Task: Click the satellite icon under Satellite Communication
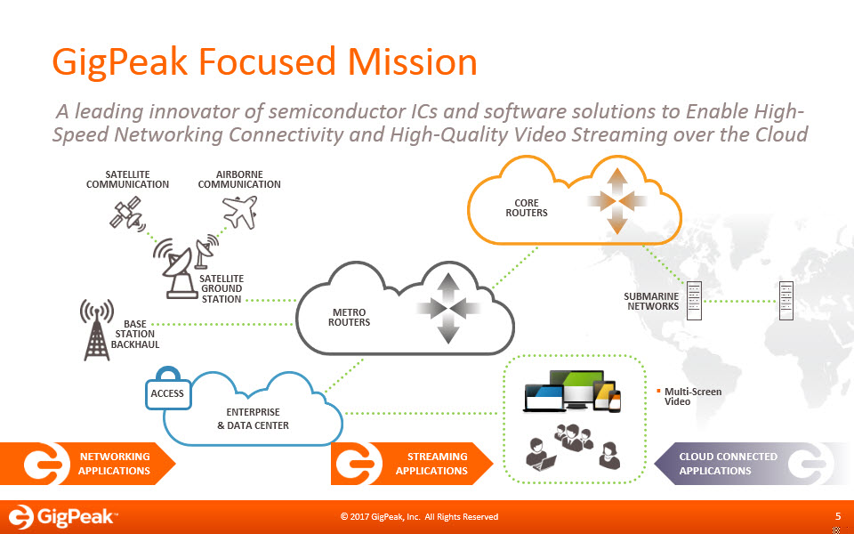pos(127,214)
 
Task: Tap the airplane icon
pos(239,212)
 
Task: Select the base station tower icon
pos(97,329)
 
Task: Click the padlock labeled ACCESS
pos(168,388)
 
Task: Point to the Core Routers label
pos(526,207)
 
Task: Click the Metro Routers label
pos(349,317)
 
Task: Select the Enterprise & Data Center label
pos(254,418)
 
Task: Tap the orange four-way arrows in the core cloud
pos(617,201)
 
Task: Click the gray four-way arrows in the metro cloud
pos(447,309)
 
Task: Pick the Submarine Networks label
pos(651,302)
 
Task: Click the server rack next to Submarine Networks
pos(694,300)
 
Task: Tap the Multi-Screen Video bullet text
pos(693,397)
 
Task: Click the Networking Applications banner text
pos(114,464)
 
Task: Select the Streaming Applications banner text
pos(432,464)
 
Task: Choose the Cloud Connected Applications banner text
pos(729,464)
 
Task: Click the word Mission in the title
pos(412,61)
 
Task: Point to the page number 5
pos(838,516)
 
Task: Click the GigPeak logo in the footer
pos(61,516)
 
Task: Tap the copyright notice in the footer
pos(419,516)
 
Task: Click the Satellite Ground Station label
pos(222,288)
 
